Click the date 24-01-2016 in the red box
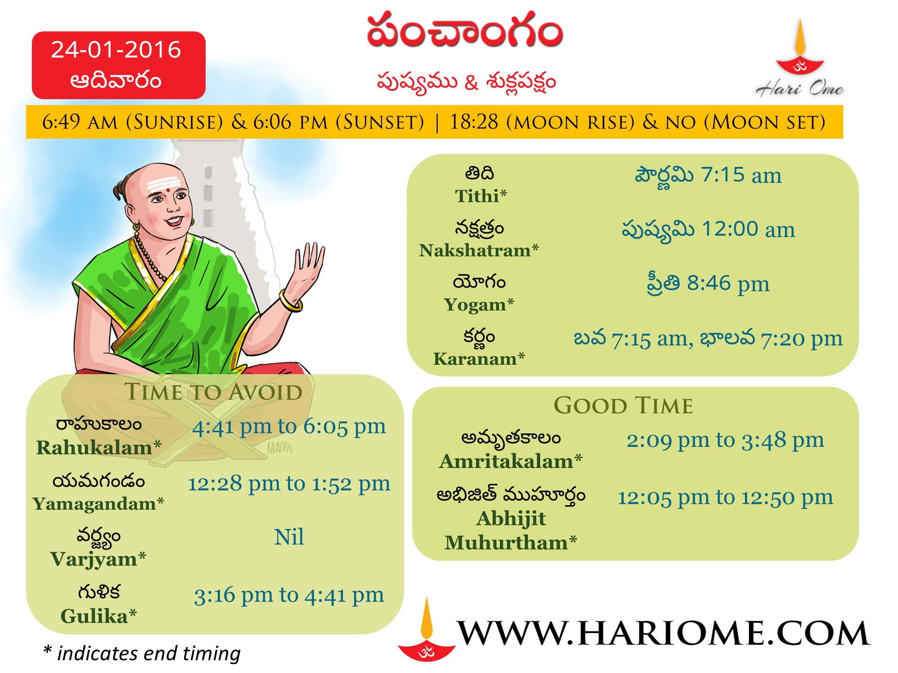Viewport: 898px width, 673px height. (x=116, y=49)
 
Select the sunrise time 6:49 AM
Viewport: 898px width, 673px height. (x=80, y=122)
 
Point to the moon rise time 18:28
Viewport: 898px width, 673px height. (x=474, y=122)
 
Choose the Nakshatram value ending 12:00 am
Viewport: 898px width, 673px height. (x=708, y=230)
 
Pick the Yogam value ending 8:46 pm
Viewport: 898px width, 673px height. (x=708, y=284)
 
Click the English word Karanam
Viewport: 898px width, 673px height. (x=475, y=359)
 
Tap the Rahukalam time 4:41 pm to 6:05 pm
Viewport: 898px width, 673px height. (x=289, y=427)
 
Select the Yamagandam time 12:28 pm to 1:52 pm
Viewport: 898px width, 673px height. (x=289, y=484)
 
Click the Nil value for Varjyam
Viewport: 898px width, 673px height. (x=289, y=537)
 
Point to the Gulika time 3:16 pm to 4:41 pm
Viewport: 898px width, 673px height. (x=289, y=595)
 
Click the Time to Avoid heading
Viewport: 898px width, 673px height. (x=213, y=392)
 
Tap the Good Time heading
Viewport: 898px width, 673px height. (x=623, y=405)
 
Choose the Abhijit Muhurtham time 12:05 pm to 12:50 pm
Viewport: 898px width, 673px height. (x=725, y=498)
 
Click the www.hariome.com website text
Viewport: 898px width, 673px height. (x=663, y=633)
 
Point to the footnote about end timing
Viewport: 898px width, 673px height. (x=142, y=654)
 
